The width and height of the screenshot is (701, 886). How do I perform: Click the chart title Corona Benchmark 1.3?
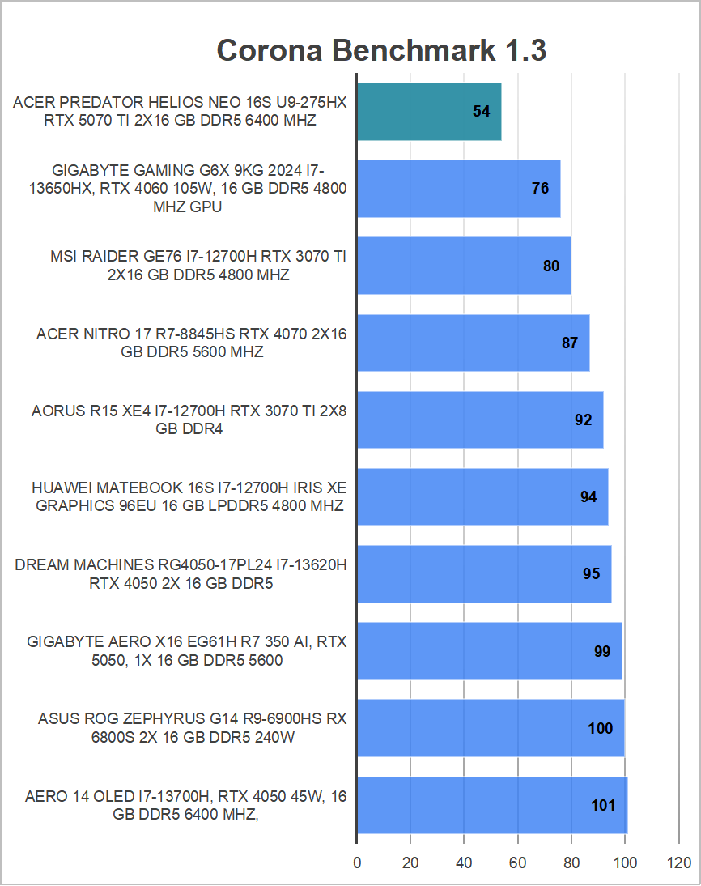(381, 51)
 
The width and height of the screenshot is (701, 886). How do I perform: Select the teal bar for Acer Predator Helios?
(428, 112)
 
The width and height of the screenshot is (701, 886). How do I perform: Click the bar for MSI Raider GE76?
(463, 266)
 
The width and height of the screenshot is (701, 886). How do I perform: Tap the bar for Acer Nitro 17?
(473, 343)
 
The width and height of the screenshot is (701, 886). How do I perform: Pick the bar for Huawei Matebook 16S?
(482, 496)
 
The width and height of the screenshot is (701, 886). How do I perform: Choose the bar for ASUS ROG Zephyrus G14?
(490, 728)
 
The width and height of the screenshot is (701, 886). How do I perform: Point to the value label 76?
(540, 189)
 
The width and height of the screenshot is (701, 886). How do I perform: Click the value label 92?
(583, 420)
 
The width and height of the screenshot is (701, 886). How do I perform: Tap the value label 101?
(603, 806)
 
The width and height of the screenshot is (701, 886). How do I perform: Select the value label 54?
(482, 112)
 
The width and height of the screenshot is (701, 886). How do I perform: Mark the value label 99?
(601, 652)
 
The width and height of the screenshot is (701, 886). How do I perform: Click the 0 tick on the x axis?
(357, 863)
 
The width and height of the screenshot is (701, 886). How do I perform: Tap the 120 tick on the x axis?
(678, 863)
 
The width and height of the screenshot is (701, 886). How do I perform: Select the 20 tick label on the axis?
(410, 863)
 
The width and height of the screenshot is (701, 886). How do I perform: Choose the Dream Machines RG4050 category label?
(181, 574)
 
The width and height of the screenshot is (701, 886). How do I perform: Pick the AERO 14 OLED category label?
(185, 806)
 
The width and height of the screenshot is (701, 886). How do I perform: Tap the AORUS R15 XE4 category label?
(189, 420)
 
